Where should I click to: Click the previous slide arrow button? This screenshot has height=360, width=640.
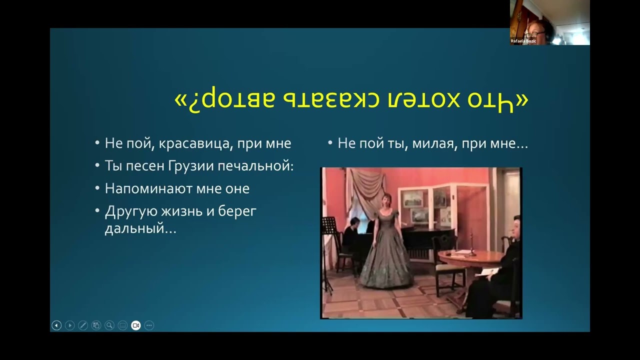56,325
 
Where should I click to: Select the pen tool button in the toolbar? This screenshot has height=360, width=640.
83,325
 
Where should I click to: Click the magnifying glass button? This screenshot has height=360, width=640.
109,325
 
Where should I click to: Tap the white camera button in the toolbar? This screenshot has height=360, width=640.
136,325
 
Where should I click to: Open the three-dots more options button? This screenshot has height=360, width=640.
149,325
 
